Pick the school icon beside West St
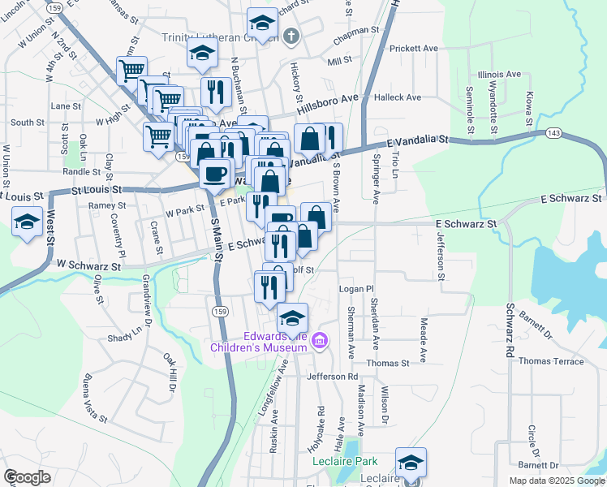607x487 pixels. coord(26,221)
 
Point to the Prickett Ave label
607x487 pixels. coord(413,49)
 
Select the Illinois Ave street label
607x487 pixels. coord(499,74)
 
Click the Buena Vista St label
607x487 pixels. coord(95,399)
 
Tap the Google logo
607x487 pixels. coord(27,477)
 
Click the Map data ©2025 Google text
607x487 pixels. coord(556,481)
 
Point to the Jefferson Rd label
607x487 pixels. coord(332,377)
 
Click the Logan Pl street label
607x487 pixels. coord(355,289)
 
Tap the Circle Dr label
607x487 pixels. coord(533,441)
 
